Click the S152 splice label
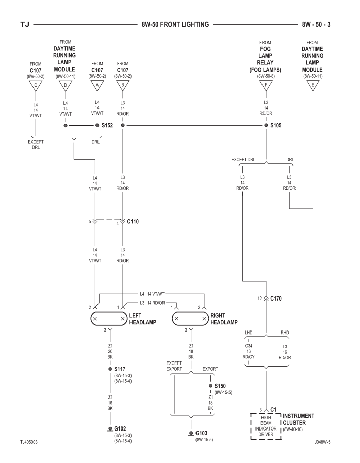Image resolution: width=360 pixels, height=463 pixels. tap(107, 125)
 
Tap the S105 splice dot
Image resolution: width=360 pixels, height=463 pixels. tap(266, 125)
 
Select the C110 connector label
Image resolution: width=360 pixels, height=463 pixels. tap(133, 221)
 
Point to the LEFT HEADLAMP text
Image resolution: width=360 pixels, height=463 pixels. tap(143, 319)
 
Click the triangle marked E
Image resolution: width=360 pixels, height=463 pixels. tap(312, 85)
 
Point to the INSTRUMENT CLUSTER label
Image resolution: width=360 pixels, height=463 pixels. tap(299, 419)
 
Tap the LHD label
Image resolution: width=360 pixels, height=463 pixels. tap(249, 334)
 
